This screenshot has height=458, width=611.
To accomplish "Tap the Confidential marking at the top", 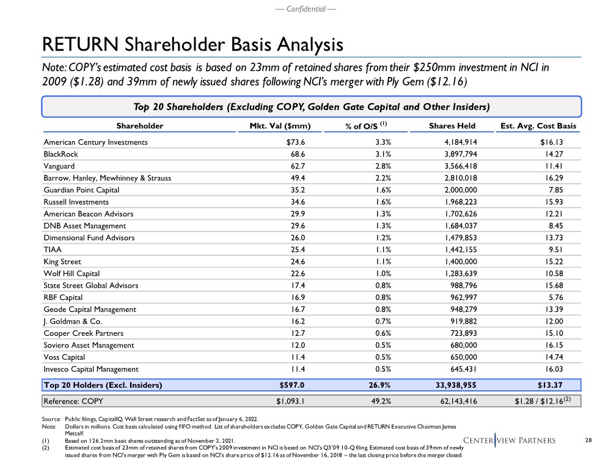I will click(305, 10).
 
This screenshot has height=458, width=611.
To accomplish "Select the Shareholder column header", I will click(140, 126).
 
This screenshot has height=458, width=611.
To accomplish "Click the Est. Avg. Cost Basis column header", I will click(538, 126).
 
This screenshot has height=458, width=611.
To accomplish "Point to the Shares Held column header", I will click(452, 126).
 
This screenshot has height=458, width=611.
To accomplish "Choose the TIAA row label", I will click(53, 249).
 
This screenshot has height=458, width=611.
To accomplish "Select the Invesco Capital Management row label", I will click(91, 369).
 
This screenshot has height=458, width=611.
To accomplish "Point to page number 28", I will click(589, 440).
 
